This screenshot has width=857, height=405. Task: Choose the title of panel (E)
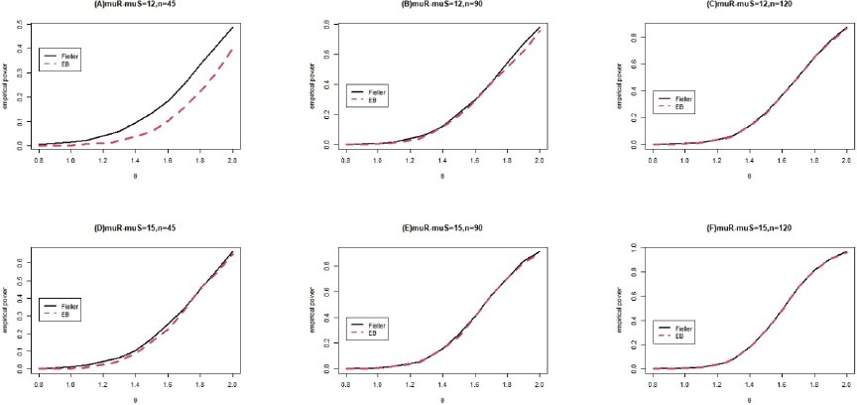[442, 226]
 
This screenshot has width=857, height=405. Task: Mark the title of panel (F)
[753, 226]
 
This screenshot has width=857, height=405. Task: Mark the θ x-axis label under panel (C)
[753, 173]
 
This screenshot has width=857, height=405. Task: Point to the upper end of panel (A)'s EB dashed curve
[232, 49]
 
